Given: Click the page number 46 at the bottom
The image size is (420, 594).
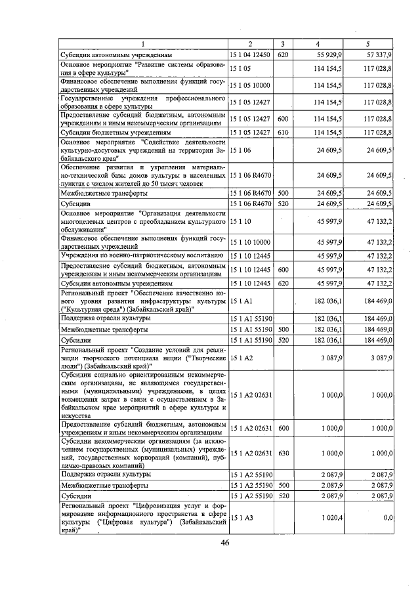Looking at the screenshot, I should (x=224, y=542).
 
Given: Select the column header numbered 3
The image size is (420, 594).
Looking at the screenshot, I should (x=282, y=44).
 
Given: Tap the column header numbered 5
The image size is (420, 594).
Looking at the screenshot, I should (x=367, y=44).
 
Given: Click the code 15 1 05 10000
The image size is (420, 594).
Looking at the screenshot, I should (x=247, y=85).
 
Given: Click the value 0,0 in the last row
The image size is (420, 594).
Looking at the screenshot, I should (x=387, y=518).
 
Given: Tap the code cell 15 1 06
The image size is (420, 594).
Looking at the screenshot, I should (x=239, y=150).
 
